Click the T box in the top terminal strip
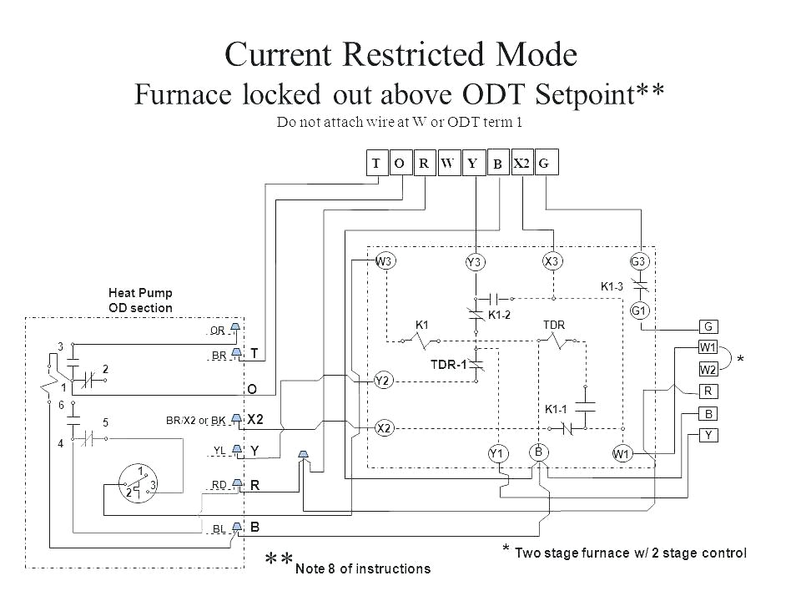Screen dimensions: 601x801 [376, 164]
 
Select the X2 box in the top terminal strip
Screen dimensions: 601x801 [521, 164]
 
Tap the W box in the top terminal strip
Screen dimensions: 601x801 [447, 164]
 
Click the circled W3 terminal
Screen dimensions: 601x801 [385, 260]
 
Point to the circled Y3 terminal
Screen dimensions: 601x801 [475, 263]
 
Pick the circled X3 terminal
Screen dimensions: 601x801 [552, 260]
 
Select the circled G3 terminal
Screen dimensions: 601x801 [640, 260]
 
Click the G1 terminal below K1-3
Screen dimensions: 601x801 [640, 311]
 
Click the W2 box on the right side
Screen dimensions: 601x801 [708, 369]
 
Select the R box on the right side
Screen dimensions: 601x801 [708, 391]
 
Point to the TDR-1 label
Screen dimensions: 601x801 [447, 364]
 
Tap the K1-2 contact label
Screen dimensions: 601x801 [499, 315]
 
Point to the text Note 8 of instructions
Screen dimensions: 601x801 [363, 569]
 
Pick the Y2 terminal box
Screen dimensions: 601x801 [384, 380]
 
